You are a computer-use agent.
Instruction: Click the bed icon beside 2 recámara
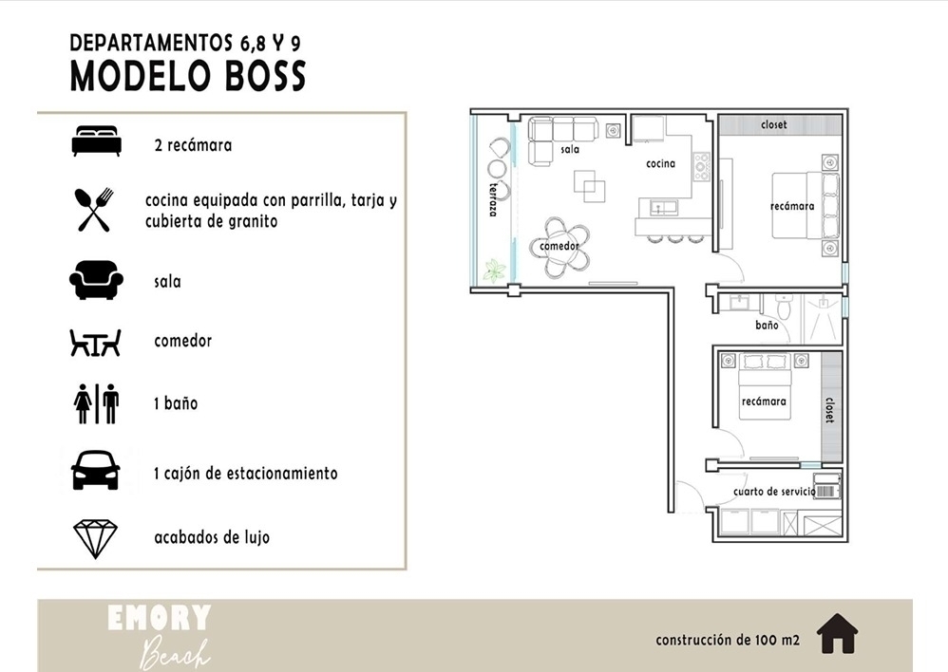[x=96, y=140]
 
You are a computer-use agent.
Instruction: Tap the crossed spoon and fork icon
[x=94, y=210]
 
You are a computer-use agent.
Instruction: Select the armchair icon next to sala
[x=96, y=280]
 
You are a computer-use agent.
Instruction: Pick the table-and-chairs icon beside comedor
[x=96, y=343]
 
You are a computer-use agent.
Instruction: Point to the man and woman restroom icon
[x=96, y=403]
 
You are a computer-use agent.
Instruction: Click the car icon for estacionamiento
[x=96, y=470]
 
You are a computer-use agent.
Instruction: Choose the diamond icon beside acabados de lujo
[x=96, y=538]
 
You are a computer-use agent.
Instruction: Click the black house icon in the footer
[x=838, y=633]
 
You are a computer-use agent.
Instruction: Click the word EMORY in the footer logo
[x=159, y=618]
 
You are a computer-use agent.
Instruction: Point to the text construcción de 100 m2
[x=728, y=640]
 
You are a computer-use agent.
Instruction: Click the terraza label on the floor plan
[x=494, y=198]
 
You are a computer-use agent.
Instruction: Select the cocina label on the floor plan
[x=660, y=163]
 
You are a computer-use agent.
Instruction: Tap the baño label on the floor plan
[x=767, y=326]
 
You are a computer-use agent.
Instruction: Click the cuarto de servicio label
[x=774, y=492]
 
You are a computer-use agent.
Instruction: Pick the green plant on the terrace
[x=494, y=271]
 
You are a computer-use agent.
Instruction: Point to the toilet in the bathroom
[x=785, y=307]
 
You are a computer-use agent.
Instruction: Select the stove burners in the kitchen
[x=702, y=166]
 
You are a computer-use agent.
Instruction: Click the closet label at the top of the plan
[x=774, y=124]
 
